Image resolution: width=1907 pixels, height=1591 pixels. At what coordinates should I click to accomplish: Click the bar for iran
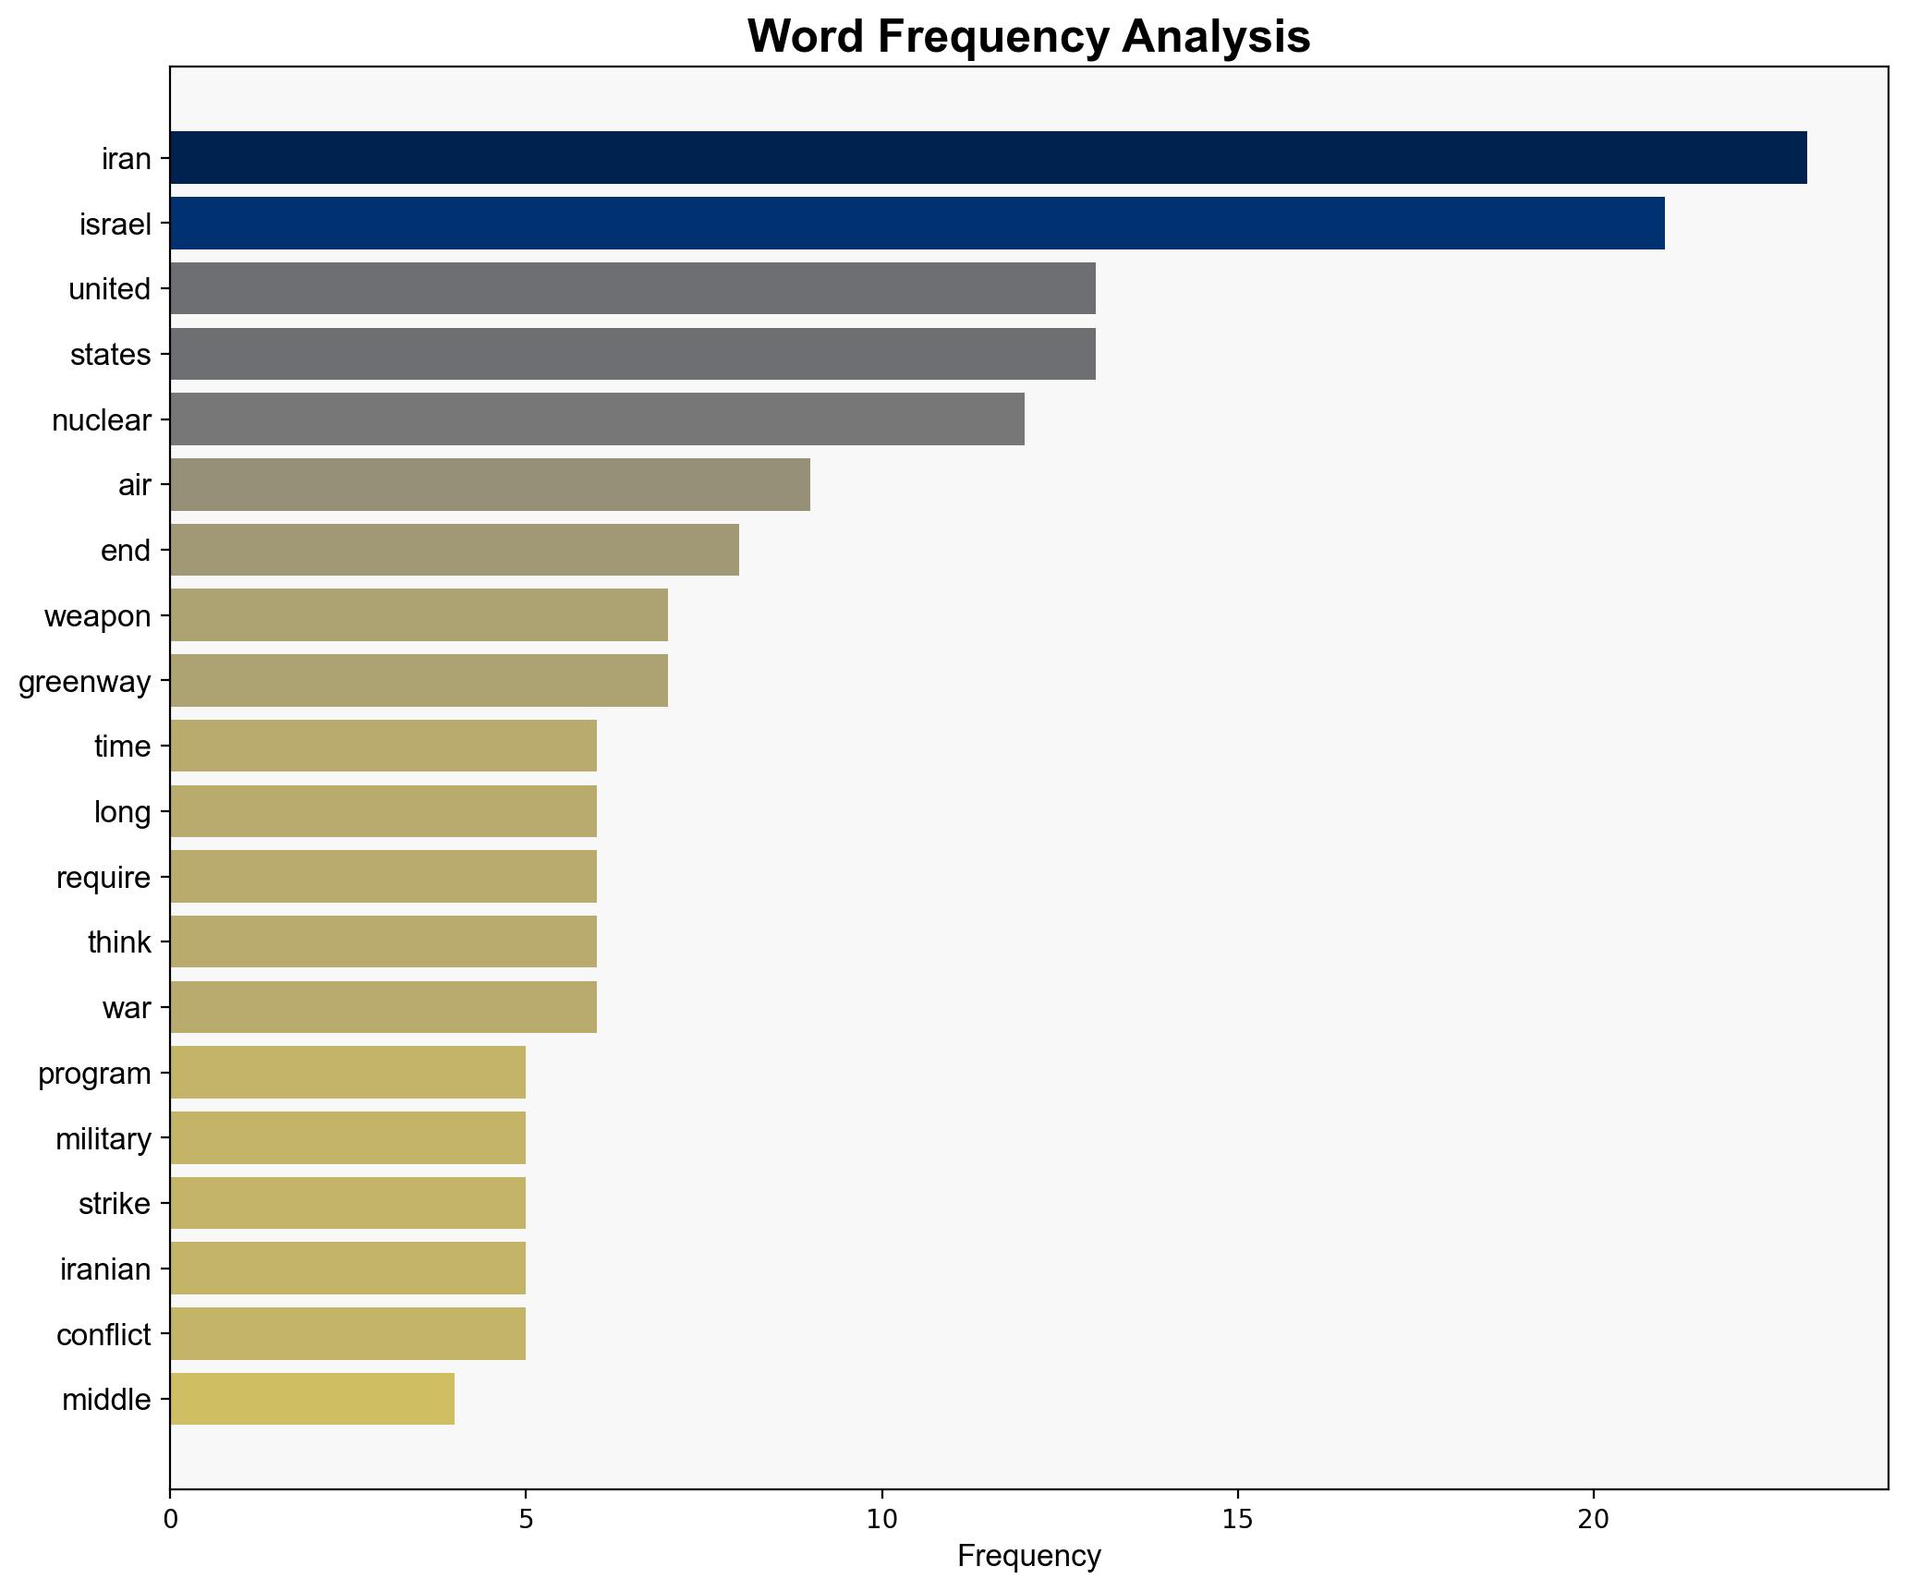click(988, 158)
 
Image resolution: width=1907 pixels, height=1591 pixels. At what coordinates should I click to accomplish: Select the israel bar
click(917, 224)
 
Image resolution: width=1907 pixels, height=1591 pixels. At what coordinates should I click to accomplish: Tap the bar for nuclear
click(597, 419)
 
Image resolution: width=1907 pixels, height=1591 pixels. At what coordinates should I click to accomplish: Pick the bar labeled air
click(490, 484)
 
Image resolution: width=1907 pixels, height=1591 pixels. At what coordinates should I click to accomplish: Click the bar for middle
click(312, 1399)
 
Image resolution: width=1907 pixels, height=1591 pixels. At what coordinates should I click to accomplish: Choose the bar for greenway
click(419, 681)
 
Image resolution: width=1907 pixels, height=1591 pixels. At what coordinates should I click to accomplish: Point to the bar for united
click(632, 288)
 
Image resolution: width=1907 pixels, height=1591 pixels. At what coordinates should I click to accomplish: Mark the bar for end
click(455, 550)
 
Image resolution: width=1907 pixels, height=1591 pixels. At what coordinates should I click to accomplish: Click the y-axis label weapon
click(97, 616)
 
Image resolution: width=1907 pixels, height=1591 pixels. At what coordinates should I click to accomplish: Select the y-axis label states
click(110, 355)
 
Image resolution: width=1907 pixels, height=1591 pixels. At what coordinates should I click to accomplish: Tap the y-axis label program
click(94, 1074)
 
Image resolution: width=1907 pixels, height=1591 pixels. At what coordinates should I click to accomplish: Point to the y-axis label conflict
click(103, 1335)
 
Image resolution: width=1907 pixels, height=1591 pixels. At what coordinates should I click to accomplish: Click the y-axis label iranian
click(105, 1269)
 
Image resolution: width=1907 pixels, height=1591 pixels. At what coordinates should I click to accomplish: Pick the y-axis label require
click(103, 878)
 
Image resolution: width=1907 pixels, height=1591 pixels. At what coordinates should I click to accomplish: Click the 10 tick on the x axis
click(881, 1519)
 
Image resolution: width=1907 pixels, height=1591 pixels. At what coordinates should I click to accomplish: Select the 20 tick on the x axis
click(1593, 1519)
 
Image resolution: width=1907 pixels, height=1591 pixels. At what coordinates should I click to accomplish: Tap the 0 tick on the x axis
click(170, 1519)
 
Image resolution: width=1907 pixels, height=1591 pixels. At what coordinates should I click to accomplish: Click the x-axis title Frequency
click(1028, 1557)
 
